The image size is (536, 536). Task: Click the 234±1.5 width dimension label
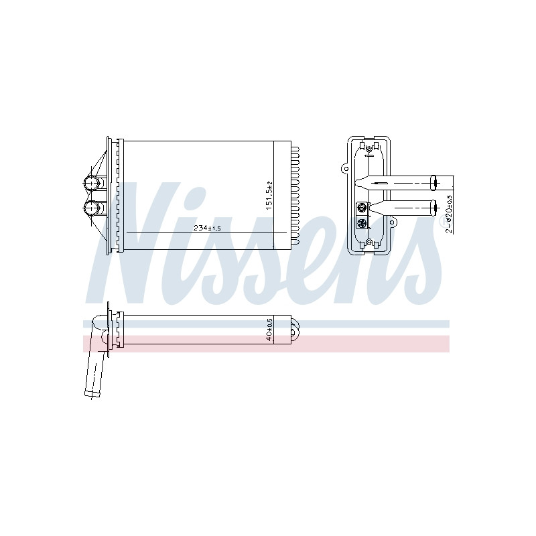(207, 228)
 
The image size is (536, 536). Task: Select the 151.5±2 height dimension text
(269, 196)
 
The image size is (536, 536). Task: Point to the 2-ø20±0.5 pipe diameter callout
(449, 214)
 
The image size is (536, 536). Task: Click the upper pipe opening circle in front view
(91, 183)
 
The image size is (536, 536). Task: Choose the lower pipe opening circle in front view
(91, 208)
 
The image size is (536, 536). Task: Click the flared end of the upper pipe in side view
(433, 182)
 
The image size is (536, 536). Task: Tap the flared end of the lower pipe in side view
(433, 207)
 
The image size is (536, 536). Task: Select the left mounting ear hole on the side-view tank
(345, 169)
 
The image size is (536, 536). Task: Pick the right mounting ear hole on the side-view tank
(392, 222)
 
